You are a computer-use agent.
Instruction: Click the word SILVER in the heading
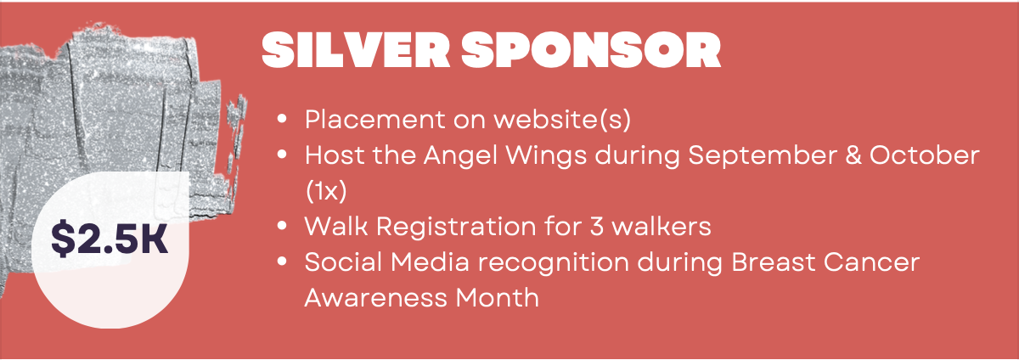[356, 50]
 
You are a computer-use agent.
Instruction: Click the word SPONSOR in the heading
[591, 50]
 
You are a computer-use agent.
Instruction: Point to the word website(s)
[563, 121]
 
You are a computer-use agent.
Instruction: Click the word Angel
[460, 156]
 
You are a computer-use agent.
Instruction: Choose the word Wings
[546, 156]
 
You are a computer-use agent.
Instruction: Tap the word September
[763, 156]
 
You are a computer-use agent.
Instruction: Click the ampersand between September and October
[853, 155]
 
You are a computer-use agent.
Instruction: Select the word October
[925, 155]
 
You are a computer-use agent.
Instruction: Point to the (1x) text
[326, 191]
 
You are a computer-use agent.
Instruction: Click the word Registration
[456, 227]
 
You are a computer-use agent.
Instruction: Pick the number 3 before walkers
[596, 227]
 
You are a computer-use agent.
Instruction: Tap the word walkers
[661, 226]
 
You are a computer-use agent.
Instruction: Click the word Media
[430, 262]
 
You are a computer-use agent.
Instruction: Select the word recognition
[553, 263]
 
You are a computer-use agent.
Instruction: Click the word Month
[498, 298]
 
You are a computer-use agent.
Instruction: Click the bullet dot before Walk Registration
[282, 226]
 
